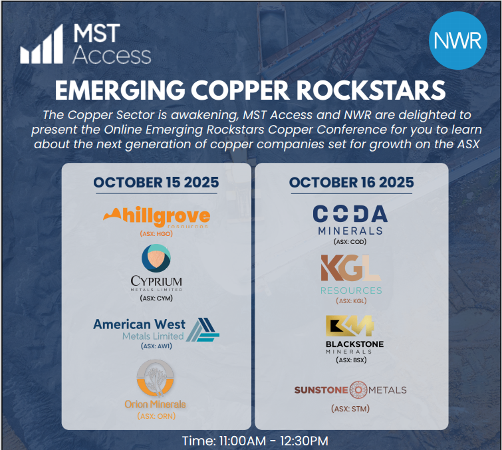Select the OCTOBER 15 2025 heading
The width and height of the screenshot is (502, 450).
click(157, 182)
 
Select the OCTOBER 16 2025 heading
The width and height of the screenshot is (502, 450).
click(351, 182)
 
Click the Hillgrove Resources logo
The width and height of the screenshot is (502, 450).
click(157, 217)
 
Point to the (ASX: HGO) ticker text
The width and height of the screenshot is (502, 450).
click(157, 235)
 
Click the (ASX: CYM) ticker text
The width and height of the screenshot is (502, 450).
click(156, 298)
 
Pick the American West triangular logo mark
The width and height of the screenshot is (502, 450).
click(202, 329)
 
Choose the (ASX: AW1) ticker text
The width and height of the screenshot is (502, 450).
click(156, 346)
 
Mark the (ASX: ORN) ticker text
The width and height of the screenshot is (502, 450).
click(156, 416)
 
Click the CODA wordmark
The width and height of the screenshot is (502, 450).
click(350, 214)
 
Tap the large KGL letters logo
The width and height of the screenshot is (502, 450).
click(350, 269)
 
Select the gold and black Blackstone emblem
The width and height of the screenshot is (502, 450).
click(350, 326)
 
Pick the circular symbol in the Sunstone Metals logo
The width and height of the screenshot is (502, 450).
click(358, 390)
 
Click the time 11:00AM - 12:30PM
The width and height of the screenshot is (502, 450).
click(255, 441)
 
